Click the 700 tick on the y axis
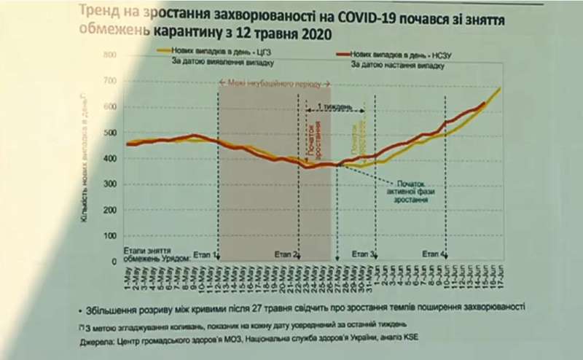(110, 80)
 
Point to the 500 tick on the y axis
(110, 133)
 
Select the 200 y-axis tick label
(110, 210)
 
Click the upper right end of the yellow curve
(499, 89)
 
